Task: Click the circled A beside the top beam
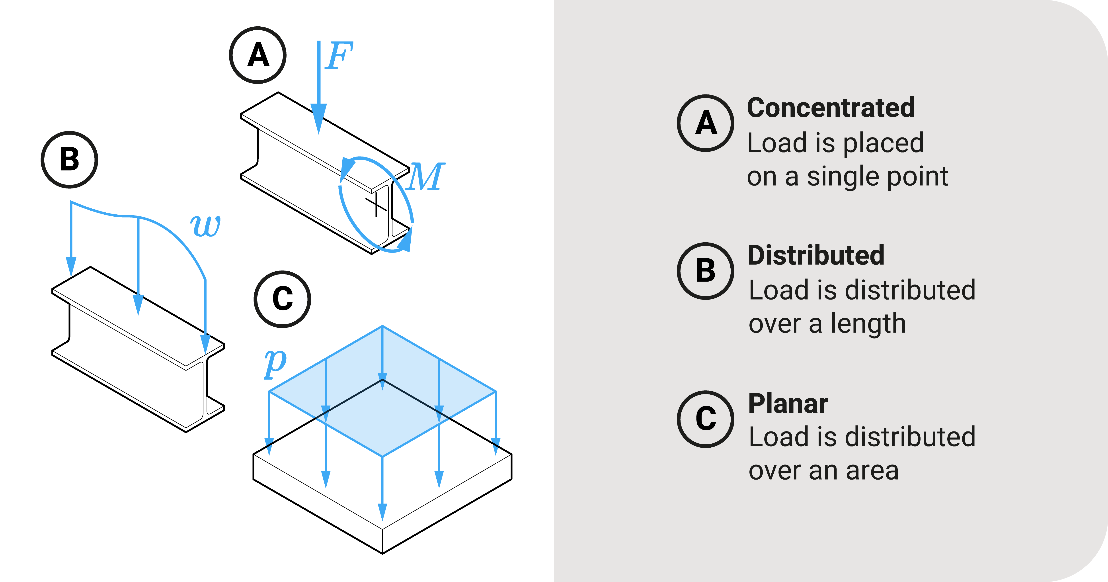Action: click(258, 55)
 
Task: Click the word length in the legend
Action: click(868, 324)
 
